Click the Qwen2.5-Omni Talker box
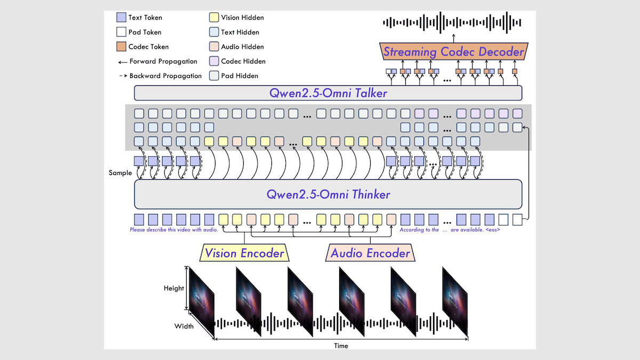pyautogui.click(x=327, y=93)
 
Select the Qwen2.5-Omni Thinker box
pyautogui.click(x=327, y=194)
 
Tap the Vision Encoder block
pyautogui.click(x=244, y=253)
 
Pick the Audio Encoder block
pyautogui.click(x=370, y=253)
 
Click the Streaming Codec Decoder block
pyautogui.click(x=454, y=52)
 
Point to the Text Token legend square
pyautogui.click(x=121, y=18)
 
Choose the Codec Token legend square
pyautogui.click(x=121, y=46)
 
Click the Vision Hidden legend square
pyautogui.click(x=213, y=18)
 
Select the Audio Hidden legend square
pyautogui.click(x=213, y=47)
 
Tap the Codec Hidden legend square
pyautogui.click(x=213, y=61)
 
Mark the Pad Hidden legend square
pyautogui.click(x=213, y=76)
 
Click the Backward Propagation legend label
pyautogui.click(x=165, y=76)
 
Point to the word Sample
pyautogui.click(x=120, y=173)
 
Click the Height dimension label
pyautogui.click(x=174, y=289)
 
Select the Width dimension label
pyautogui.click(x=184, y=326)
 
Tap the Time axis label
pyautogui.click(x=341, y=346)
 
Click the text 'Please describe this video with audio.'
pyautogui.click(x=174, y=230)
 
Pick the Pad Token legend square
pyautogui.click(x=121, y=32)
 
